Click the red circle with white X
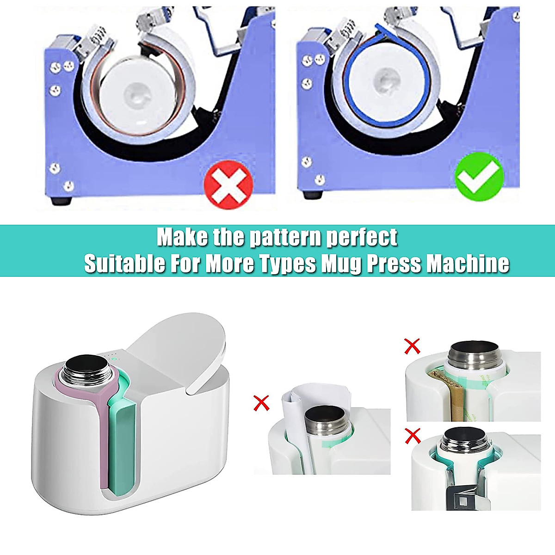pos(228,185)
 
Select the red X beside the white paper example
pos(262,403)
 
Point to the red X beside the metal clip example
pos(412,435)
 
